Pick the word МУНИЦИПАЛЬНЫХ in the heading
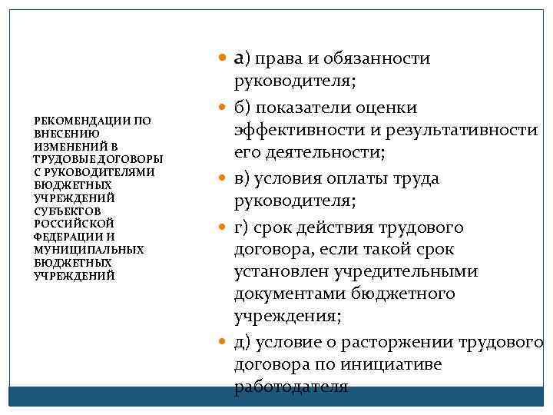click(89, 250)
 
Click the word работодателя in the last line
click(291, 386)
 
